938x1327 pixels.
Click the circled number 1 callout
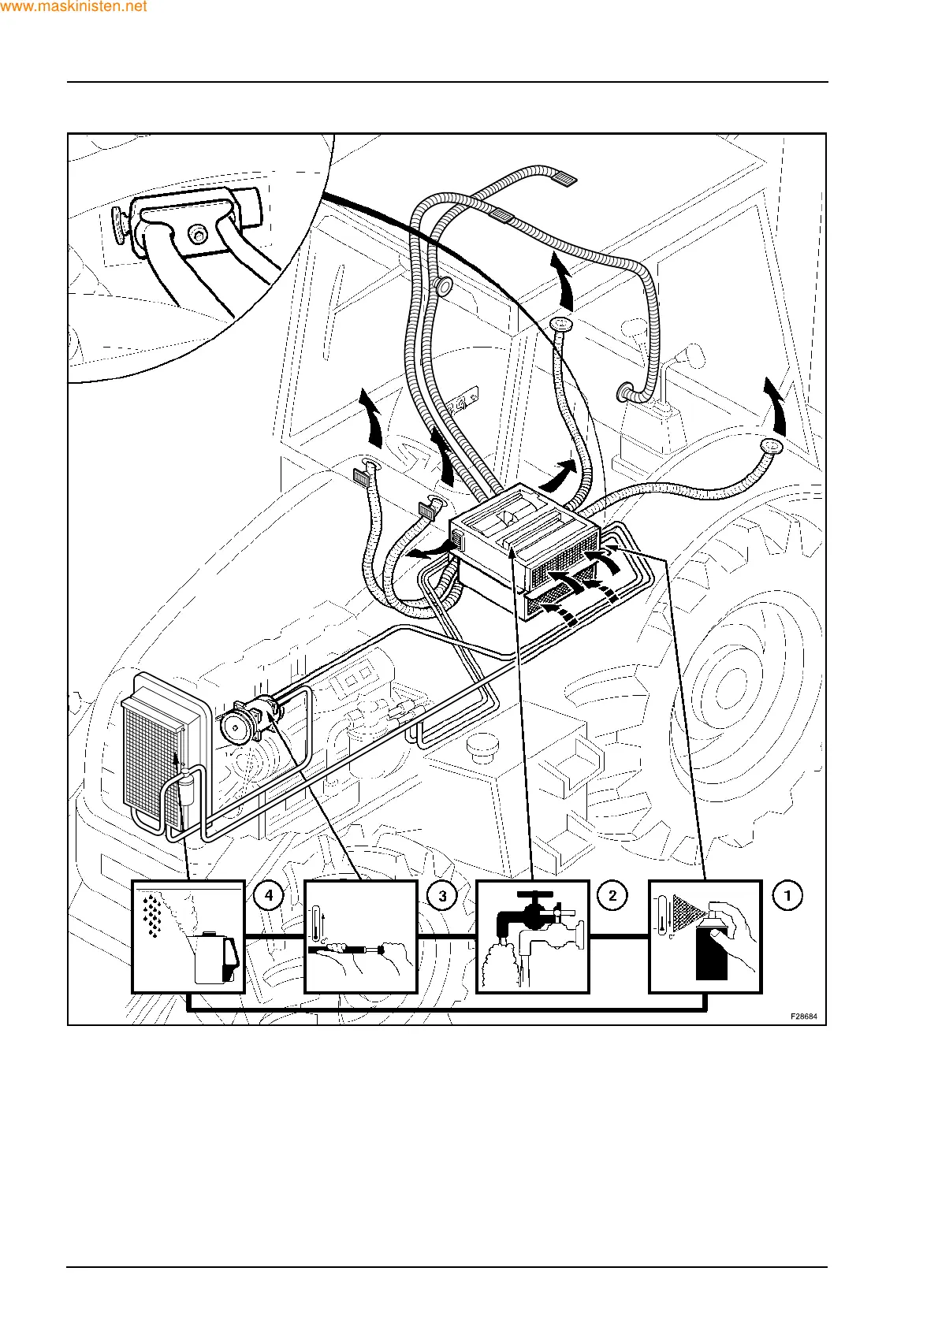tap(787, 895)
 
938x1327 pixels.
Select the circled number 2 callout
tap(612, 895)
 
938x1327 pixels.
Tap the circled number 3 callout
tap(442, 896)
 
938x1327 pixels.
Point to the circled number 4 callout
tap(269, 896)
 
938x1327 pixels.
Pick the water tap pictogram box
tap(533, 936)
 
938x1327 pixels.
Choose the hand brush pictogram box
tap(361, 936)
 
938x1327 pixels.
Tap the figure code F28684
tap(803, 1016)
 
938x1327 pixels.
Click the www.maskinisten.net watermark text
tap(74, 7)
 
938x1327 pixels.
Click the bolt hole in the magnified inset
tap(197, 233)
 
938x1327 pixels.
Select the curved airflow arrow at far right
tap(776, 406)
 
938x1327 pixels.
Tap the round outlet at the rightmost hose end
tap(770, 447)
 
